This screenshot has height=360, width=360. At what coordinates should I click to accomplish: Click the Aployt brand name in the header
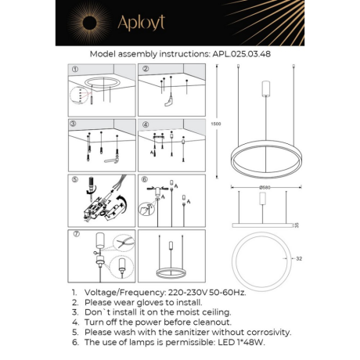pos(142,24)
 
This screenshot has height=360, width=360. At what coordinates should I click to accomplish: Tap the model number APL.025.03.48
pos(243,56)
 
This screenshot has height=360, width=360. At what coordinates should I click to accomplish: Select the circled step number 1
pos(75,69)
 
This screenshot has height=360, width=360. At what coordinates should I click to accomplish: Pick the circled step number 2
pos(146,69)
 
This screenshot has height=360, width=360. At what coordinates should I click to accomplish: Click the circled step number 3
pos(74,124)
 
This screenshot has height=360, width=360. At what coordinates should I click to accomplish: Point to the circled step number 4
pos(146,124)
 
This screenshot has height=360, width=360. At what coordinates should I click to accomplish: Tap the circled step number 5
pos(75,179)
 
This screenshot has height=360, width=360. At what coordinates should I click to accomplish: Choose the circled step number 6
pos(146,179)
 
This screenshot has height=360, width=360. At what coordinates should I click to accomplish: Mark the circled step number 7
pos(75,234)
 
